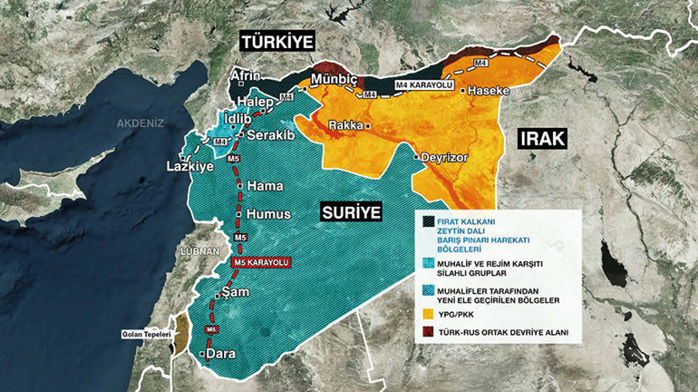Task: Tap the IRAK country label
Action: (542, 139)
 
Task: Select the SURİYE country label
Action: (351, 212)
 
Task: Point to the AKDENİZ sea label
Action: (141, 122)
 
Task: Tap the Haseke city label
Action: (489, 92)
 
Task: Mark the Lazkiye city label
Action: (189, 168)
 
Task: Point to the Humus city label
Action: (268, 215)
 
